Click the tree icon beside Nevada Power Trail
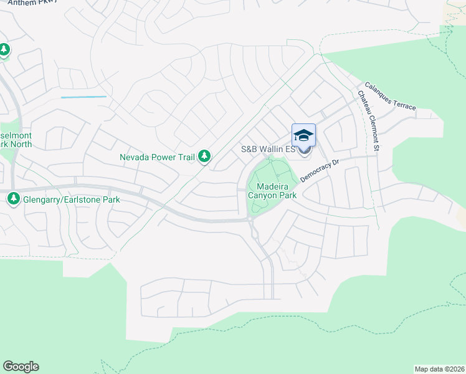tap(204, 157)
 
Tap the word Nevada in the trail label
tap(135, 158)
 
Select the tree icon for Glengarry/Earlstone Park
tap(13, 199)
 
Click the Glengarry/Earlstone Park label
tap(72, 200)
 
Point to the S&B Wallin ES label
tap(268, 150)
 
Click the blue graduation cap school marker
tap(303, 136)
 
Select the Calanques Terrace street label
tap(391, 97)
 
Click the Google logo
tap(21, 367)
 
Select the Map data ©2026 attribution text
tap(439, 368)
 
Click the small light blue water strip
tap(83, 97)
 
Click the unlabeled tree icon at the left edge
tap(4, 50)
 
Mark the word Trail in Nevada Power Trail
tap(185, 158)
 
